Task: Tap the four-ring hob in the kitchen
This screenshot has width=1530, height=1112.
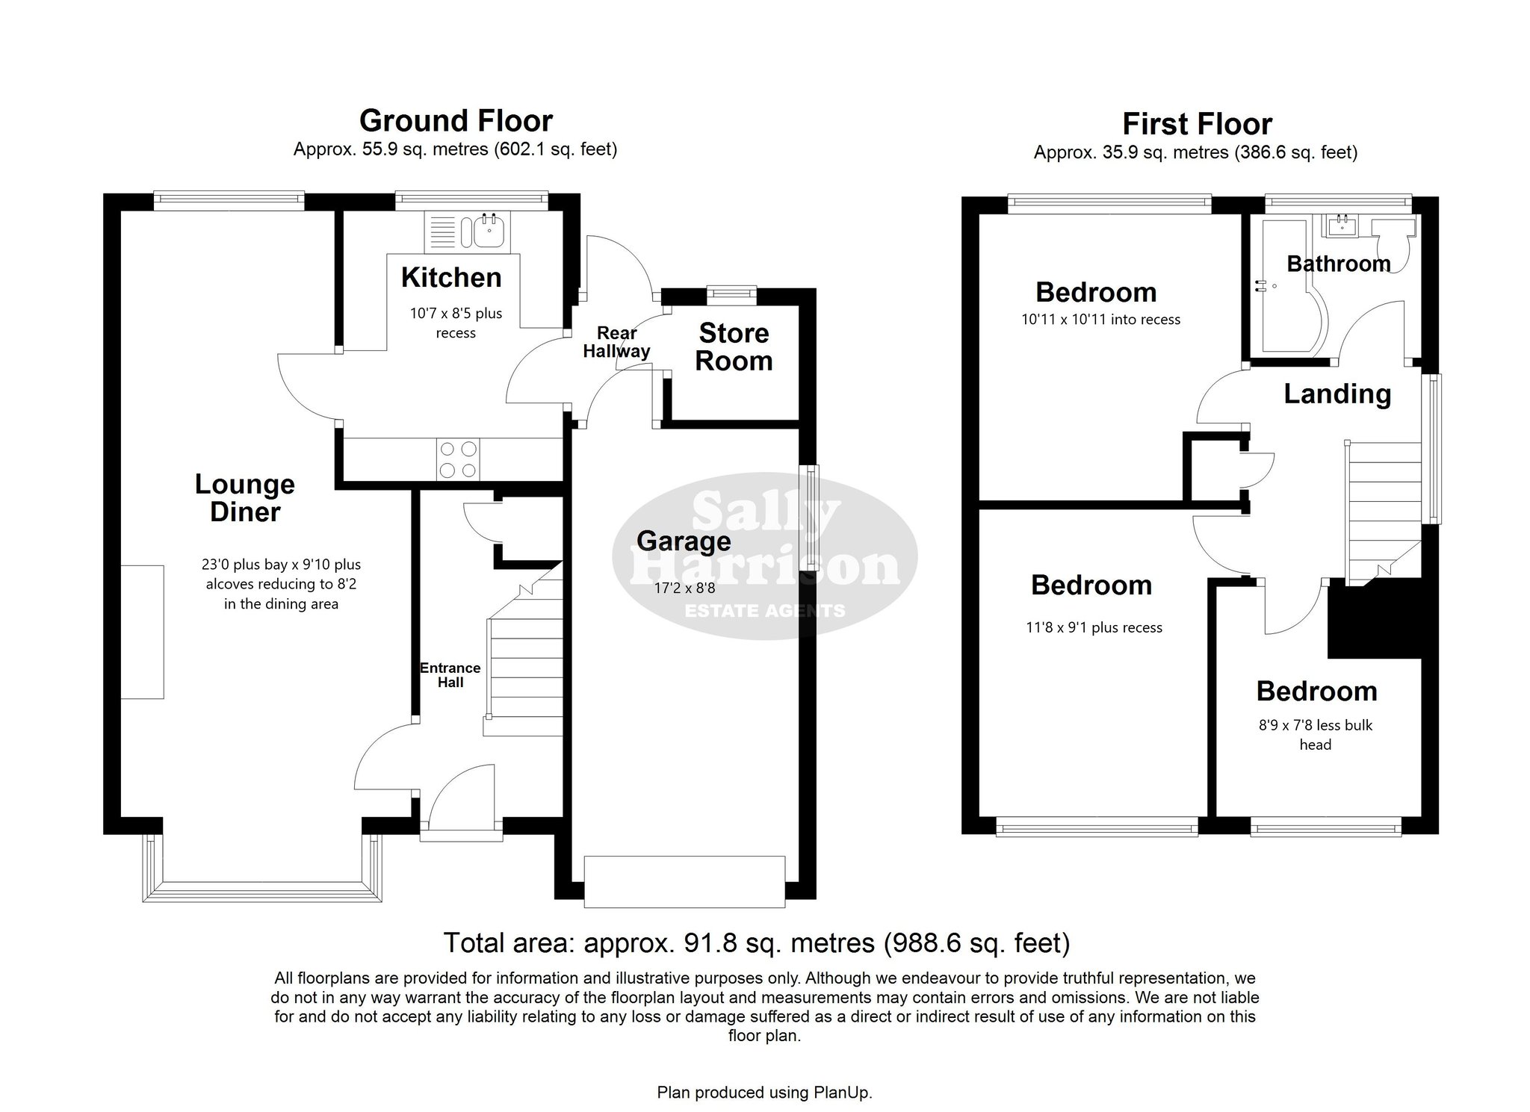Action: (458, 459)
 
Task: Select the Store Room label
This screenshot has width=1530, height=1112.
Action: (734, 347)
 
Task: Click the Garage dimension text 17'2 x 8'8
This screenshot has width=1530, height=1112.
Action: (685, 588)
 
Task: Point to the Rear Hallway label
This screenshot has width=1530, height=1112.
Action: (617, 342)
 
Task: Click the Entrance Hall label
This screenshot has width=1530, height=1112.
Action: (450, 675)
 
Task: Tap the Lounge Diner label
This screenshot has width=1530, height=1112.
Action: (245, 498)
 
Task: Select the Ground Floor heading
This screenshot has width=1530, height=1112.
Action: (456, 120)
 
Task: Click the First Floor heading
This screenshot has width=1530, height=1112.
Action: (1197, 123)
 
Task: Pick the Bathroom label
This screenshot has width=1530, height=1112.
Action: (1339, 264)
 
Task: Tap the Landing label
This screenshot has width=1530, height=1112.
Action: (1337, 394)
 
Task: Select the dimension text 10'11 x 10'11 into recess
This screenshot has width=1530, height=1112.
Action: (1100, 320)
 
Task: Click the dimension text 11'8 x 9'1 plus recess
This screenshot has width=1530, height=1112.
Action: (1094, 628)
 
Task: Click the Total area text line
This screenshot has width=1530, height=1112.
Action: (757, 943)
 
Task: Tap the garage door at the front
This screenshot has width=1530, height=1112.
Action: (684, 882)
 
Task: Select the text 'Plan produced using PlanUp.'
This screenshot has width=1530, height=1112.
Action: (764, 1093)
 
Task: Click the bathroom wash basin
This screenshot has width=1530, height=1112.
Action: (1342, 225)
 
